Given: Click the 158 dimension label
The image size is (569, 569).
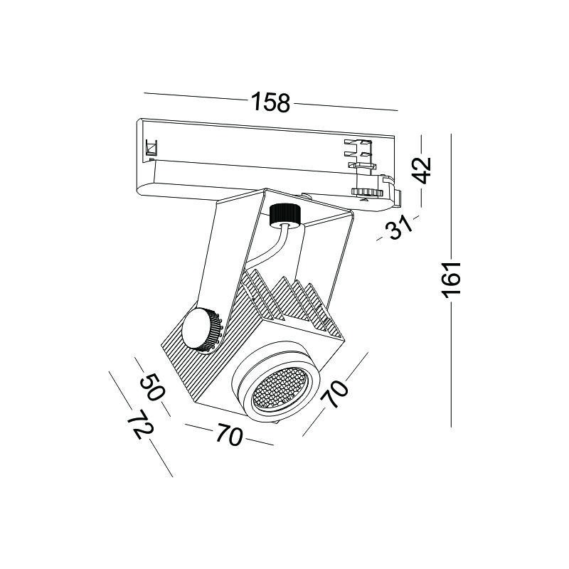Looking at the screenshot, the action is click(271, 102).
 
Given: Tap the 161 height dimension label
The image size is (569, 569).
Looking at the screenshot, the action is click(451, 280).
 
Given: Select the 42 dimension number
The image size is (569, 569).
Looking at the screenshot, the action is click(421, 171).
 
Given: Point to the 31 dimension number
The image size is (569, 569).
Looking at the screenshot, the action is click(399, 227).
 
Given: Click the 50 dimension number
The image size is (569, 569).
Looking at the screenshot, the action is click(152, 387).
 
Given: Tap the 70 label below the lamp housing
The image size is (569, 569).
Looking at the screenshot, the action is click(229, 434).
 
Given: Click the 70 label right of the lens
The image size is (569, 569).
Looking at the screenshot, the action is click(334, 393).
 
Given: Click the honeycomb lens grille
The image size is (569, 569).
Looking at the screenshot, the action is click(280, 390).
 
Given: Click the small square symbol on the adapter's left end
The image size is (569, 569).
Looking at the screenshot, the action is click(151, 147).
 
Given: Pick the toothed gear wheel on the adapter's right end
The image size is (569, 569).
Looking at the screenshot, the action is click(365, 192).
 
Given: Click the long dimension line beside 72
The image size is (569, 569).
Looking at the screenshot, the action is click(140, 423).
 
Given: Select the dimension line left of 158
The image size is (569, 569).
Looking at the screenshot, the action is click(196, 97).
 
